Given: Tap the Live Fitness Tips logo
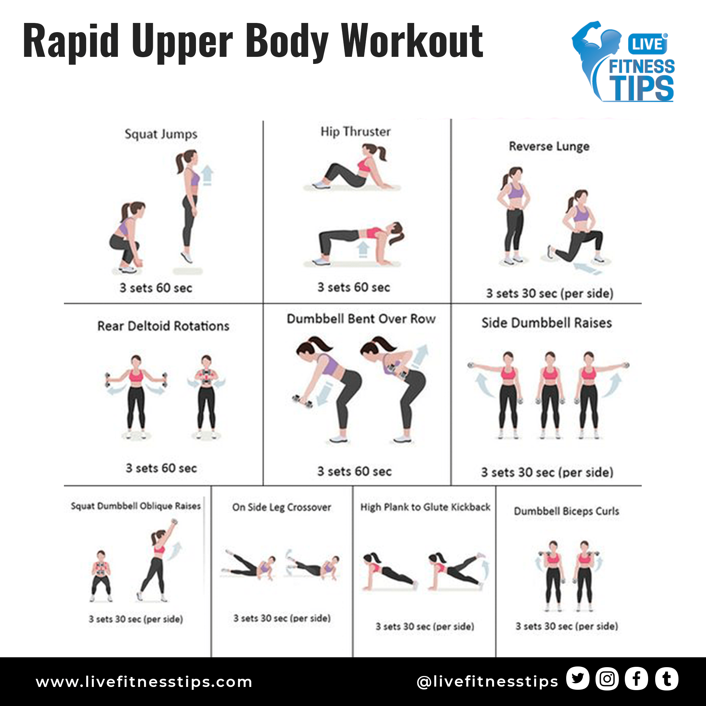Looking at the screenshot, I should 623,61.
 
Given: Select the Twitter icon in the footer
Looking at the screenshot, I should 578,678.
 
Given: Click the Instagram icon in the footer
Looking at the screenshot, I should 607,678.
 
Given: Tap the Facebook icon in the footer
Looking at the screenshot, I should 636,678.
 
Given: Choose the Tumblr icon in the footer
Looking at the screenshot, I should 666,678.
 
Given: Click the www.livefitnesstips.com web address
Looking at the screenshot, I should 144,682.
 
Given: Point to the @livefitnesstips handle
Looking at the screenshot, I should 487,681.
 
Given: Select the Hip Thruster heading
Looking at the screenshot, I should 355,132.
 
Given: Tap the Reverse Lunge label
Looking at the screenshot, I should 549,146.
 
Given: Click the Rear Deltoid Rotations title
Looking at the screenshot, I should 163,326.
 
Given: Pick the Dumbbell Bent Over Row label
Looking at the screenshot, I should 361,319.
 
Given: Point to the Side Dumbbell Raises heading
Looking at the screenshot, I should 547,323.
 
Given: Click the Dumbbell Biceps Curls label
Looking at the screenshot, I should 567,511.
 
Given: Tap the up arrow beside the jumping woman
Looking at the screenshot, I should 207,175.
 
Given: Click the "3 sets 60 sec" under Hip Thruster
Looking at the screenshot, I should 354,287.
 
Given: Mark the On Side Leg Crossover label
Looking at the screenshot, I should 282,507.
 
